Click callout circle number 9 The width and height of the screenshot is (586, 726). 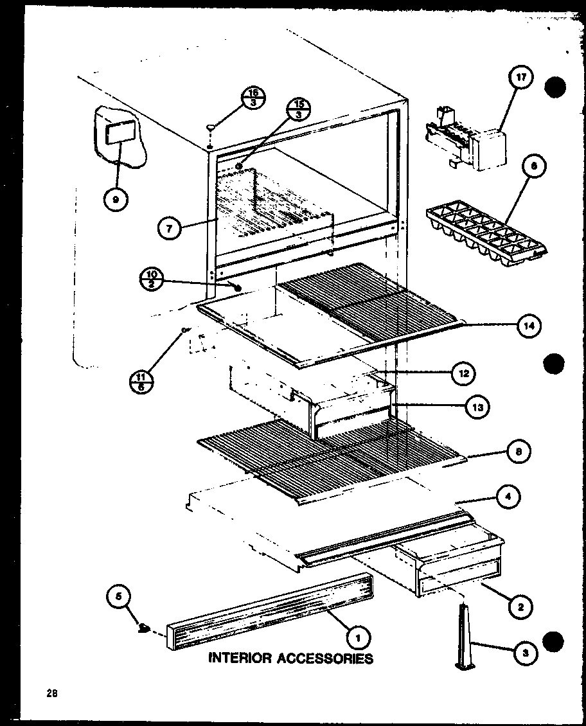click(x=115, y=199)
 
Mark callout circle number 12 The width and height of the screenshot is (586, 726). click(x=464, y=373)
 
